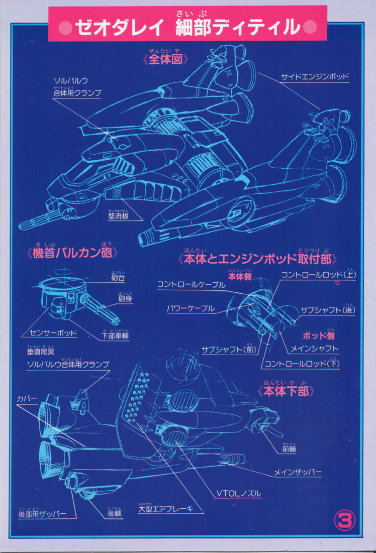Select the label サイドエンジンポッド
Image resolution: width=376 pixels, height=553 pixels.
[315, 77]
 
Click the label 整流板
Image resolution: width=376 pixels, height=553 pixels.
[119, 215]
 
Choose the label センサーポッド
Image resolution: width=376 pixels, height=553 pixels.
[50, 334]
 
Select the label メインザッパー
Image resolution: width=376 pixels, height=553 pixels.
[298, 472]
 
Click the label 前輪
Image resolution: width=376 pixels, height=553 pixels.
[289, 450]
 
